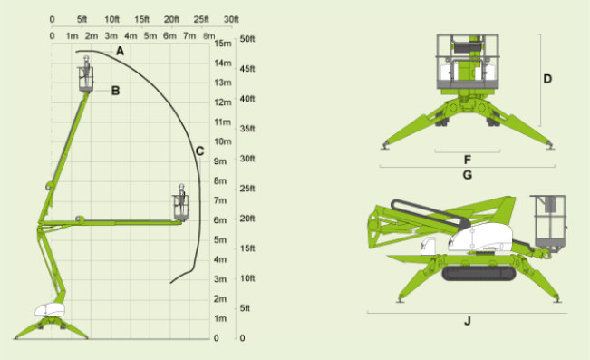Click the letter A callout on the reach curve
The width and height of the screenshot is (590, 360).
pyautogui.click(x=120, y=51)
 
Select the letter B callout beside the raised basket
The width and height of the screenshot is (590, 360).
pyautogui.click(x=115, y=91)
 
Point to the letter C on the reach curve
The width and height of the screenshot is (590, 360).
pyautogui.click(x=199, y=151)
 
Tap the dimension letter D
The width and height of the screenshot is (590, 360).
pyautogui.click(x=547, y=79)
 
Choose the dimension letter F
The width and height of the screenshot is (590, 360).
pyautogui.click(x=468, y=160)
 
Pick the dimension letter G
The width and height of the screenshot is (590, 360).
pyautogui.click(x=467, y=175)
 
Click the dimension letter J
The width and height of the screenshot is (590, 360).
pyautogui.click(x=468, y=321)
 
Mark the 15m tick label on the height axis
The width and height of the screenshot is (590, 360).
pyautogui.click(x=223, y=44)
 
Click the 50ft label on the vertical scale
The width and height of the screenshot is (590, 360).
pyautogui.click(x=247, y=39)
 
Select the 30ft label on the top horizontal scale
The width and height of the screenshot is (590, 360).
pyautogui.click(x=231, y=19)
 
